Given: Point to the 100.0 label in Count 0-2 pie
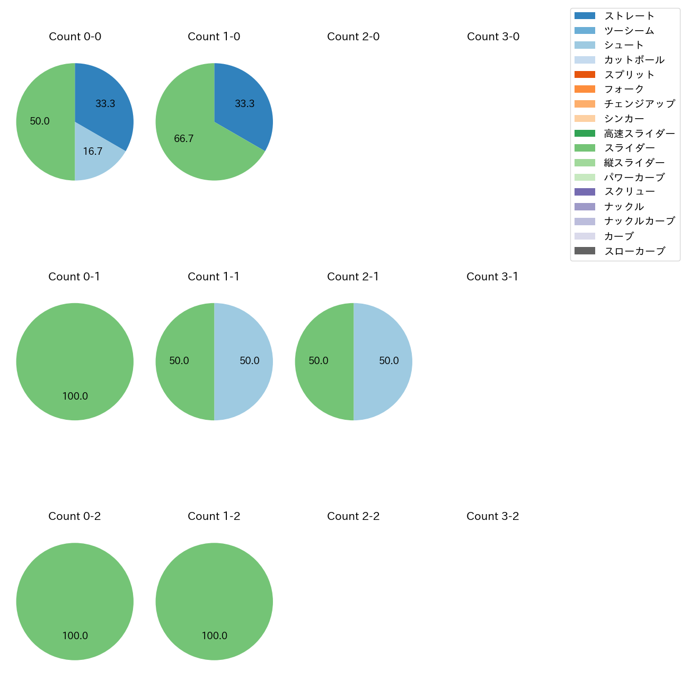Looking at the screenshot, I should [75, 635].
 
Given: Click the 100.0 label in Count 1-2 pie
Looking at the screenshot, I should [215, 635].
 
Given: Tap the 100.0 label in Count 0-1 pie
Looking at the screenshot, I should [75, 396].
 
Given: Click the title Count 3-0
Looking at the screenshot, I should [493, 37].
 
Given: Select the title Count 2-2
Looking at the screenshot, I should [354, 516].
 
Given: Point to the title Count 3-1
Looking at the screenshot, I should [492, 277].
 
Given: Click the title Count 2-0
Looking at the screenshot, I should [354, 37].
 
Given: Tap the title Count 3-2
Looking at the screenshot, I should [493, 516].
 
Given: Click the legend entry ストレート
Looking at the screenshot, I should [629, 16].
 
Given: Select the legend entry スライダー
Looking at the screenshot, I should [629, 148].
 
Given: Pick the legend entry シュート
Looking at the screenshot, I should [624, 45].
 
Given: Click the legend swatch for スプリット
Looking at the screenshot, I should [585, 75].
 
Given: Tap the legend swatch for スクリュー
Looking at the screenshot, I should [585, 192].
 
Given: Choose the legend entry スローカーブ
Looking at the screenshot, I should [634, 251].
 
